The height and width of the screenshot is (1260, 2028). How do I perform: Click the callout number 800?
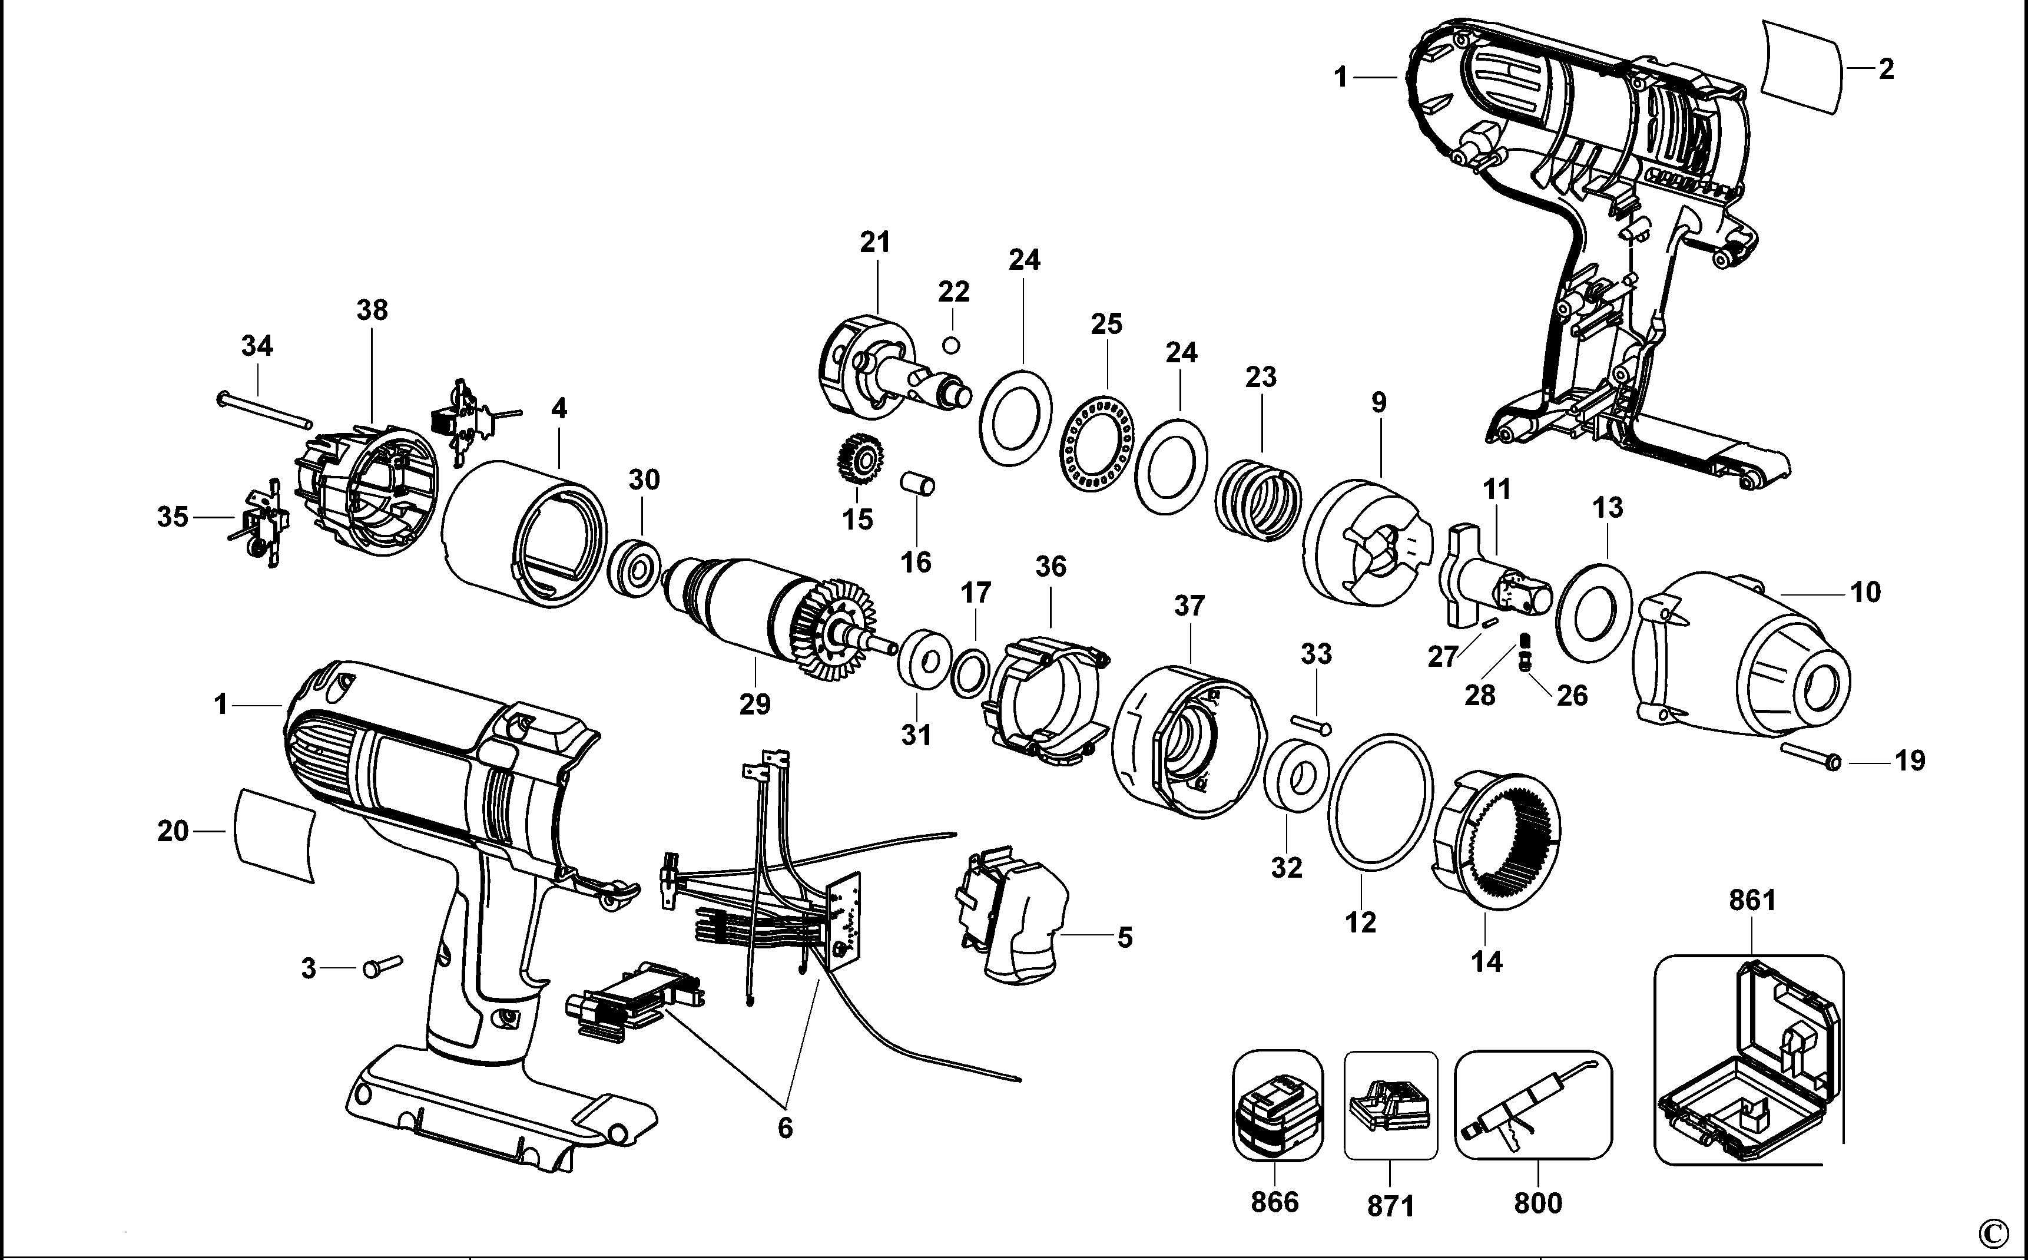[1537, 1203]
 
